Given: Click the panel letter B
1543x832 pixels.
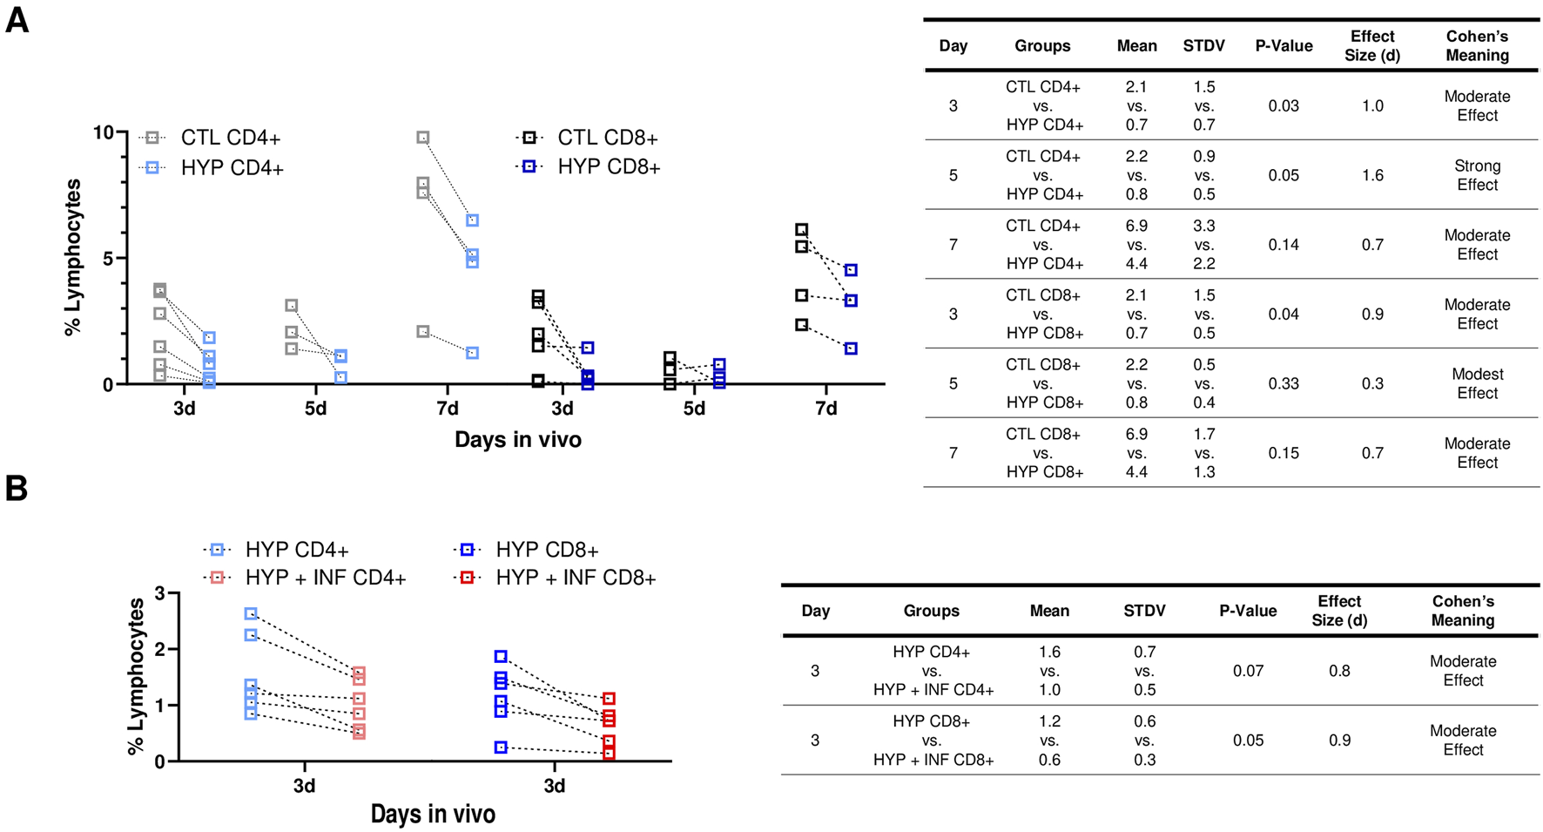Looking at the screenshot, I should pos(16,489).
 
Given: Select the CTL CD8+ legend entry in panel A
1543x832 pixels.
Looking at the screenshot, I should pos(607,138).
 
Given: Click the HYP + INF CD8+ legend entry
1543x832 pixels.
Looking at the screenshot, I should pos(575,578).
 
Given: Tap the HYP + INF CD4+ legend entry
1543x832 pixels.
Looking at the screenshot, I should pos(325,578).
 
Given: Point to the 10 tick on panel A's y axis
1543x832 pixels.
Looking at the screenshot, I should pos(104,132).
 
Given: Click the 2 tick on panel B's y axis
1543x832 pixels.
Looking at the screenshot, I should pos(158,649).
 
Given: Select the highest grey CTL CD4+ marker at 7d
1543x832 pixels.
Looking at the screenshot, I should pos(423,138).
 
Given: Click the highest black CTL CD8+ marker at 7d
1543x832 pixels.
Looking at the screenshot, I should pos(802,230).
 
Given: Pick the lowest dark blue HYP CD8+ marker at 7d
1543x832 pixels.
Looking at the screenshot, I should pos(851,348).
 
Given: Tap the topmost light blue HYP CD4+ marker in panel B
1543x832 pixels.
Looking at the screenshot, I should pos(251,614).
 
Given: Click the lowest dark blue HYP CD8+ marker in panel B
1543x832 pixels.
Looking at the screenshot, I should pos(501,747).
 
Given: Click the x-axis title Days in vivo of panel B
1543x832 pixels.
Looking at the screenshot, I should pos(433,814).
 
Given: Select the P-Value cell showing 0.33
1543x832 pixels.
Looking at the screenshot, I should pos(1284,383).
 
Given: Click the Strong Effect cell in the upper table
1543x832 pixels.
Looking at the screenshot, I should pos(1477,175).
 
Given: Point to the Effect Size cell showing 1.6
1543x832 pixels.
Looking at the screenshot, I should pos(1372,175).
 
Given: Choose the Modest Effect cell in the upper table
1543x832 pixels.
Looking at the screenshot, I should pos(1477,383).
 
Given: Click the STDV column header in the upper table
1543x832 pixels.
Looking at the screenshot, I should pos(1203,46).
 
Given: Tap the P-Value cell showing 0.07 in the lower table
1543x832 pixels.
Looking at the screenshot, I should pos(1248,671).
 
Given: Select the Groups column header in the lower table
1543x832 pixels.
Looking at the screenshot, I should pos(931,611).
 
